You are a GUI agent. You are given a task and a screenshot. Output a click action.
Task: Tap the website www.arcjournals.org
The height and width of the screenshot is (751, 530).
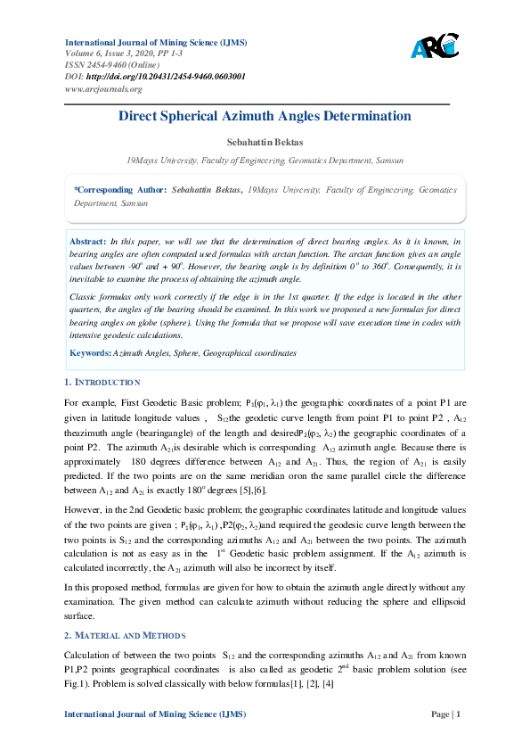103,88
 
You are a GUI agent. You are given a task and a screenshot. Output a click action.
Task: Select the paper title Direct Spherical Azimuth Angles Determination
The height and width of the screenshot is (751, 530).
265,116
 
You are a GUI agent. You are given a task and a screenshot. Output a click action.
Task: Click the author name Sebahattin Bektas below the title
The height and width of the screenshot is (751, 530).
265,143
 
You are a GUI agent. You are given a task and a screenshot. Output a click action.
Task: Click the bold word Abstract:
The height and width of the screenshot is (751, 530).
88,242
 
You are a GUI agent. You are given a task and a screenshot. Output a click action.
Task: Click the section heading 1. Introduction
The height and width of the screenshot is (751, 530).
102,383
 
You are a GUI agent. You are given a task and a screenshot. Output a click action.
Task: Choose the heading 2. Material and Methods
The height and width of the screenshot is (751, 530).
125,635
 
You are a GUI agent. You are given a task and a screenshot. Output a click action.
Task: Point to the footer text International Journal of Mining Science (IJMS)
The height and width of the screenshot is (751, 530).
156,714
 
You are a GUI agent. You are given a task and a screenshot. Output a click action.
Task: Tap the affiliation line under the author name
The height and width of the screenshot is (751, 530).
265,161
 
